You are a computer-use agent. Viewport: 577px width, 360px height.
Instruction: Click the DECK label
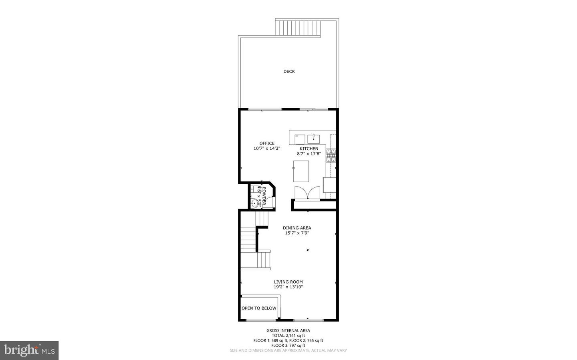coord(289,72)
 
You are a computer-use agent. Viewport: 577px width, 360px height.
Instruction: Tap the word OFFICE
coord(267,143)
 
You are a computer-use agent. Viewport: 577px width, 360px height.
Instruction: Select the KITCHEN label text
coord(309,149)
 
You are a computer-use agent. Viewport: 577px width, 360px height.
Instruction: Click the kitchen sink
coord(314,139)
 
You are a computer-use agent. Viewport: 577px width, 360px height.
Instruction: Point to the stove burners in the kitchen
coord(331,155)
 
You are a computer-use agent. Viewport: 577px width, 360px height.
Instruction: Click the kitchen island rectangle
coord(301,171)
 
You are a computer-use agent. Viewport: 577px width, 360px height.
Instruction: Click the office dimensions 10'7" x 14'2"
coord(267,148)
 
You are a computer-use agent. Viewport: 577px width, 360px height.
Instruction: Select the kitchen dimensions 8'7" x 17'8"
coord(309,153)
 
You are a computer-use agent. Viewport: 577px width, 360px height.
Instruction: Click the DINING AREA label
coord(297,228)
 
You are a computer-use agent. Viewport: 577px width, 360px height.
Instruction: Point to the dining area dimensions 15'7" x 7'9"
coord(297,233)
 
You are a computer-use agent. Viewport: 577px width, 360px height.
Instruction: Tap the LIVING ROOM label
coord(288,282)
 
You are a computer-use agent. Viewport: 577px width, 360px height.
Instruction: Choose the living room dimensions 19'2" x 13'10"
coord(288,287)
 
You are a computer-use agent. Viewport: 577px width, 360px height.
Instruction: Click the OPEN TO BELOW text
coord(259,308)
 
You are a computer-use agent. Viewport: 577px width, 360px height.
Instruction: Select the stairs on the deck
coord(297,28)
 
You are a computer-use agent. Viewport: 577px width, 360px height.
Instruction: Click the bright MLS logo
coord(29,350)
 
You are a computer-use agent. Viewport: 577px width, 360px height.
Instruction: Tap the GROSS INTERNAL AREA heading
coord(288,331)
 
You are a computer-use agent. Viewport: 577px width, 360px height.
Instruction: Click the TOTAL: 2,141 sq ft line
coord(288,336)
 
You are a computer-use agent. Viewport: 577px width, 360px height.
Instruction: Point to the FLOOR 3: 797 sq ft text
coord(288,345)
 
